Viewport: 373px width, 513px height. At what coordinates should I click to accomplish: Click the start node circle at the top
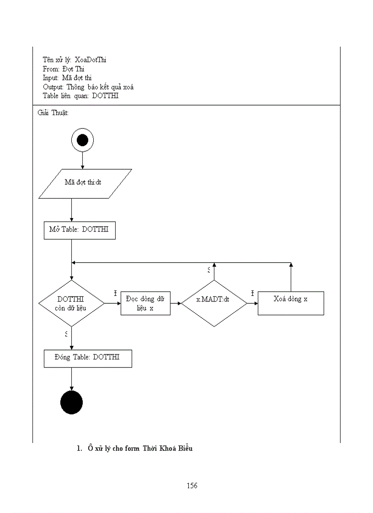82,140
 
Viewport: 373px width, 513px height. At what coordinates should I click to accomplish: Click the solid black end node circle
72,402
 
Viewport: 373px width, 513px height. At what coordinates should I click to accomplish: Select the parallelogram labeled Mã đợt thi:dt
85,184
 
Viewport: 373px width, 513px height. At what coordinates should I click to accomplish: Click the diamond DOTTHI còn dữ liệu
71,303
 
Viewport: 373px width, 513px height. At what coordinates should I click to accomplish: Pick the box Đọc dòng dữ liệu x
145,303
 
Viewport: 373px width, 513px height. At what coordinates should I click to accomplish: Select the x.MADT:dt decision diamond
213,303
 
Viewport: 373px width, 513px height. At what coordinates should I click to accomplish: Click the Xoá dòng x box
291,303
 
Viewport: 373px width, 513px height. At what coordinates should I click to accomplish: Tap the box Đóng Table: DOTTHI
88,359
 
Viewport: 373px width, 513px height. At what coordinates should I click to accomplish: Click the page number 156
192,486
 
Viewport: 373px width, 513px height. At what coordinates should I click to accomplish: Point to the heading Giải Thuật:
53,113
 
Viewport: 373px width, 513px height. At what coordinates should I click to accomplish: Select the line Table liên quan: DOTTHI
80,96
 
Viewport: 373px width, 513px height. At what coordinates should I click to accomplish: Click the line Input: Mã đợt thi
67,78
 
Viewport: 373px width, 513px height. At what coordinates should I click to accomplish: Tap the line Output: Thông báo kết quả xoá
88,87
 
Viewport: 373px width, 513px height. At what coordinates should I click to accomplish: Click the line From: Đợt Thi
64,69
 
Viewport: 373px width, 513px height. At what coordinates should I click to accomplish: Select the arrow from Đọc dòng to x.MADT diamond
176,303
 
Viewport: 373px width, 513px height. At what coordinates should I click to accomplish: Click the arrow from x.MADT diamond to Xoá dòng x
252,303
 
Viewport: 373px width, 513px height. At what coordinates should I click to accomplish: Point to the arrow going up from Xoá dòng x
291,277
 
